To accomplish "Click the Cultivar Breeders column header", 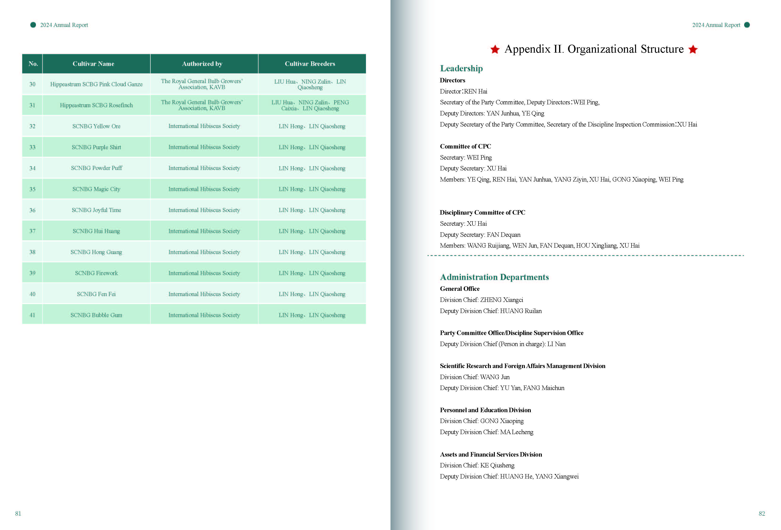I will tap(310, 64).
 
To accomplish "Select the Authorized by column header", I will tap(202, 64).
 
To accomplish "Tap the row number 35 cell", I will tap(32, 189).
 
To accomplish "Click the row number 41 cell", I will tap(32, 315).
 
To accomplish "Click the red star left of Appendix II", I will tap(495, 49).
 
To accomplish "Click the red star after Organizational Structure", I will tap(693, 49).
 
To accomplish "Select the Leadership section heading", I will tap(461, 68).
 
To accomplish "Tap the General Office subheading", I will tap(459, 289).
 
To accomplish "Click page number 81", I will tap(18, 513).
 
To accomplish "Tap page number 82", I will tap(761, 513).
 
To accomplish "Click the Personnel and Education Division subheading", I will tap(485, 410).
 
